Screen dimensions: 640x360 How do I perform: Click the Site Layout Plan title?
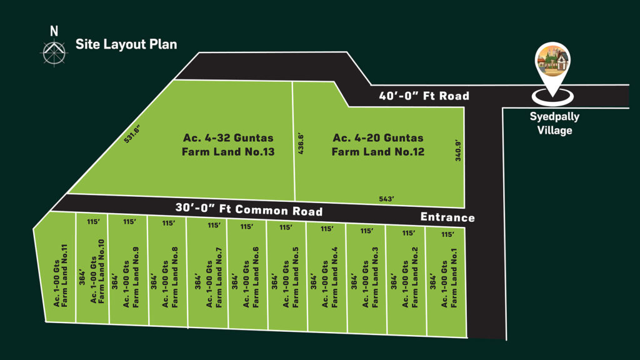[x=126, y=44]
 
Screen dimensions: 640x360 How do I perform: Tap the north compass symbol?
[x=54, y=52]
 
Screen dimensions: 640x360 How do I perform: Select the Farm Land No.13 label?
[x=228, y=144]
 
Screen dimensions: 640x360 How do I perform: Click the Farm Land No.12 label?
[x=378, y=144]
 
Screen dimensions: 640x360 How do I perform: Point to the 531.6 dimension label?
[x=132, y=134]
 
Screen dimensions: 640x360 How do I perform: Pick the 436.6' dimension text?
[x=301, y=143]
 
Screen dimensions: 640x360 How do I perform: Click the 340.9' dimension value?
[x=458, y=151]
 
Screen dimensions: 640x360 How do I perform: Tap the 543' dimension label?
[x=386, y=199]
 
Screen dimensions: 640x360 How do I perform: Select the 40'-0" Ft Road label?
[x=424, y=96]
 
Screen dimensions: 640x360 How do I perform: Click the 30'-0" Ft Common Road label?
[x=249, y=209]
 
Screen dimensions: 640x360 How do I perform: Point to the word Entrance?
[x=447, y=217]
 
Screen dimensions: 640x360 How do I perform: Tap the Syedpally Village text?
[x=554, y=123]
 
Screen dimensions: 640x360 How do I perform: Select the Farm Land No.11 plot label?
[x=61, y=276]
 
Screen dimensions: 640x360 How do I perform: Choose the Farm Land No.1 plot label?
[x=449, y=278]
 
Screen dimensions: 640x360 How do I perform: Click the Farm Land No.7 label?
[x=214, y=277]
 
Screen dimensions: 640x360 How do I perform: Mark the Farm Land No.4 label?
[x=330, y=277]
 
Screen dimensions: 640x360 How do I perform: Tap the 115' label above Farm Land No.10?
[x=93, y=222]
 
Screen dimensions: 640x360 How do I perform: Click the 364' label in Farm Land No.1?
[x=432, y=282]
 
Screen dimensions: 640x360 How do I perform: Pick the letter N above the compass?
[x=54, y=31]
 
